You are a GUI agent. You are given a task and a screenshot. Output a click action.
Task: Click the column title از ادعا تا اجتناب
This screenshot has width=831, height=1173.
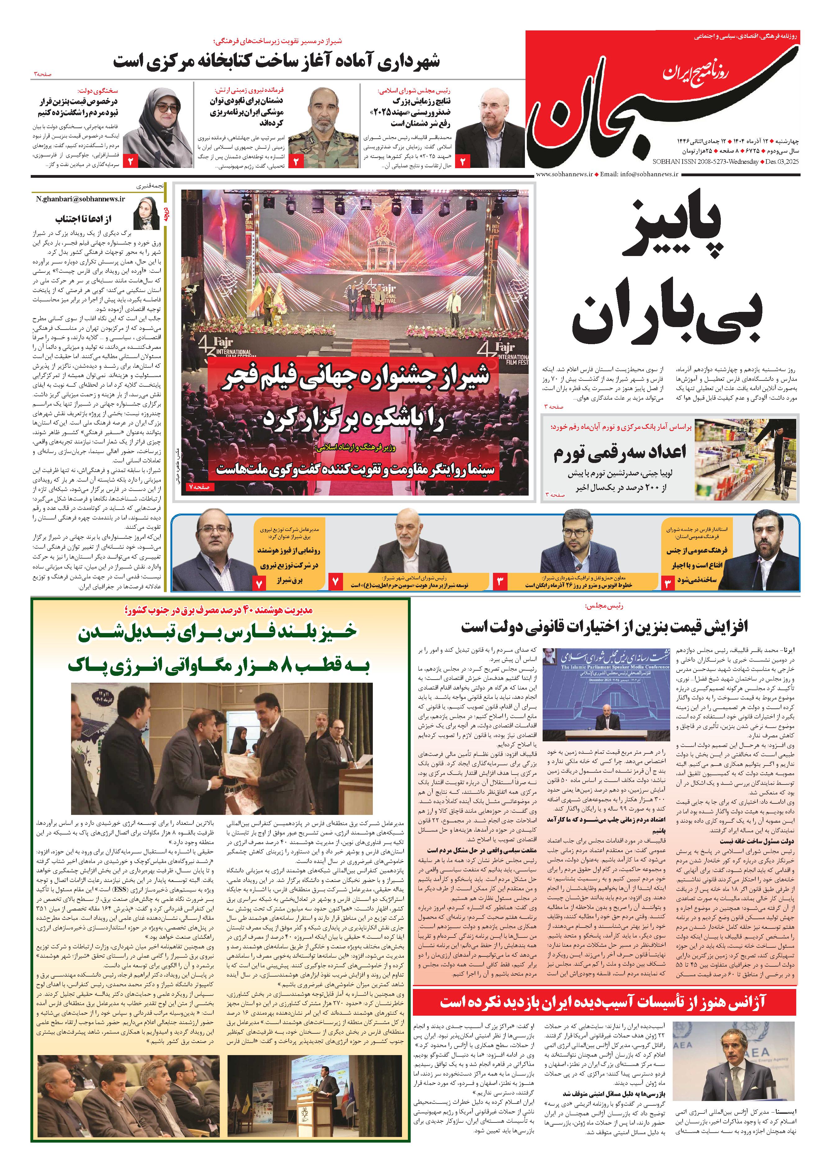pos(83,219)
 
